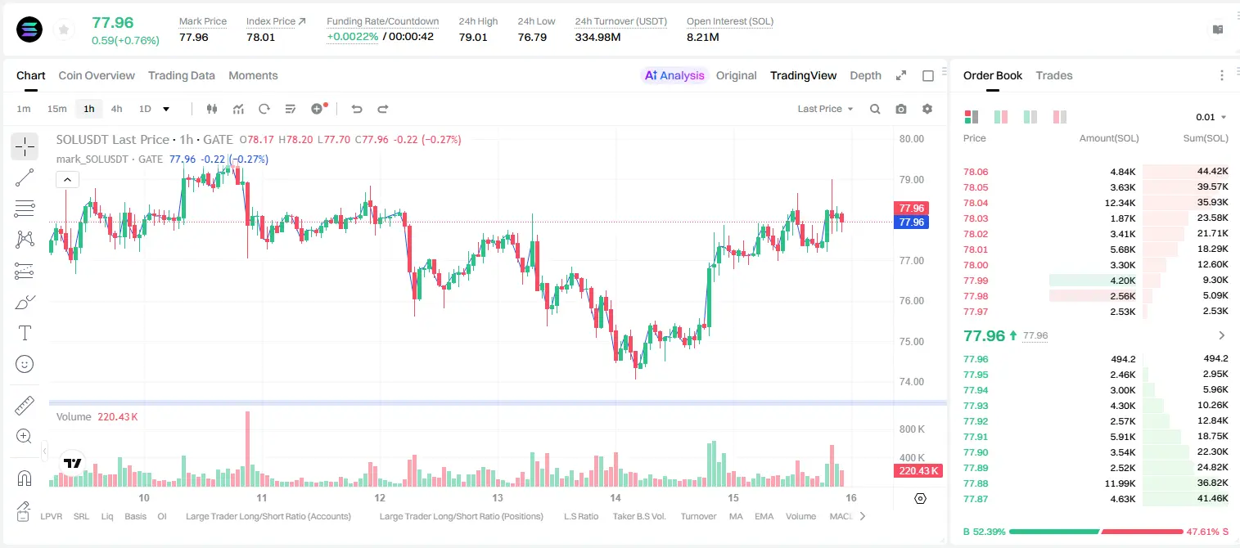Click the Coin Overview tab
click(x=97, y=75)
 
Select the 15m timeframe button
click(x=56, y=109)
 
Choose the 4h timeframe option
click(x=116, y=109)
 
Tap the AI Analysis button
click(x=674, y=75)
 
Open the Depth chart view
click(x=865, y=75)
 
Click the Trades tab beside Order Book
click(x=1054, y=75)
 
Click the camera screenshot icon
click(x=901, y=109)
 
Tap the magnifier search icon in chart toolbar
click(x=875, y=109)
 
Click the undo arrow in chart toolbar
click(x=357, y=109)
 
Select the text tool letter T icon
click(x=25, y=333)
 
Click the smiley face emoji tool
click(x=25, y=364)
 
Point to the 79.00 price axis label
click(x=911, y=180)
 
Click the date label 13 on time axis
click(x=498, y=497)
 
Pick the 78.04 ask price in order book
click(x=976, y=203)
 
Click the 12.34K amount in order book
click(x=1120, y=203)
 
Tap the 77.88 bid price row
click(x=976, y=483)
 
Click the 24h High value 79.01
click(x=473, y=37)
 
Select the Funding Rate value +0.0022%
click(x=352, y=37)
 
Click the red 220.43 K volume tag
click(x=918, y=470)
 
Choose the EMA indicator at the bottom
click(x=764, y=516)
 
